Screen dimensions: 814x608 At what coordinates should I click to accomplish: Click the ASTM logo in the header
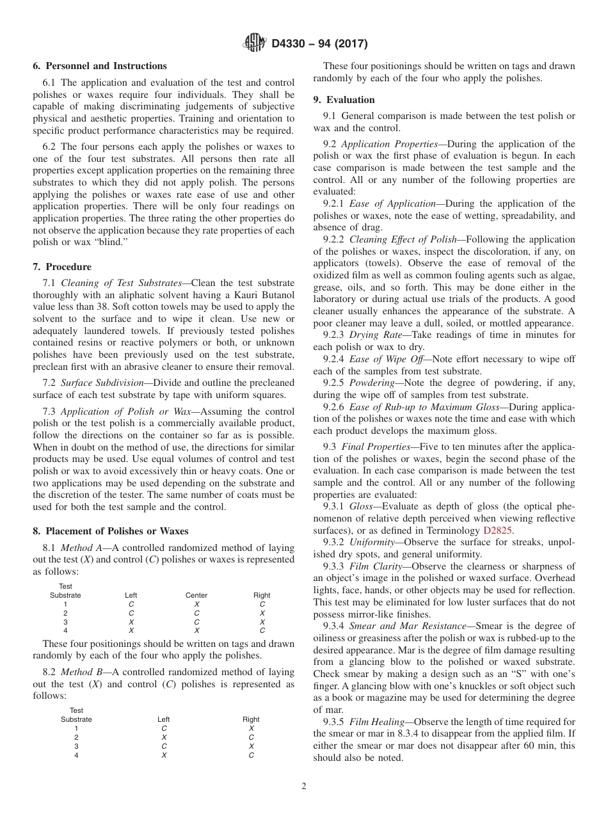(255, 44)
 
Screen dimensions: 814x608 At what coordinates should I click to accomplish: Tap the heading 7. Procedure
(61, 267)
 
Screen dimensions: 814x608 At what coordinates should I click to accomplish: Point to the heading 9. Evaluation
(344, 100)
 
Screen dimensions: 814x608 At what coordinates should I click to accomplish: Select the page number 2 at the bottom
(304, 786)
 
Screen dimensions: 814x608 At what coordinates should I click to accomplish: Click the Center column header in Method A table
(196, 595)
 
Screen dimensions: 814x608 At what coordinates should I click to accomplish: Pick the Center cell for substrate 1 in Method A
(196, 604)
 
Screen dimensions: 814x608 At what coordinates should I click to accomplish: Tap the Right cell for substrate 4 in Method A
(262, 630)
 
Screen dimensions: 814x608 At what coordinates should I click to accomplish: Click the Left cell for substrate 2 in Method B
(164, 737)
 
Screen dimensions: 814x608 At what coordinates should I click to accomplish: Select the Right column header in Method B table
(251, 719)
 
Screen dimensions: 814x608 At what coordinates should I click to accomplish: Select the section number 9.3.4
(334, 626)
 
